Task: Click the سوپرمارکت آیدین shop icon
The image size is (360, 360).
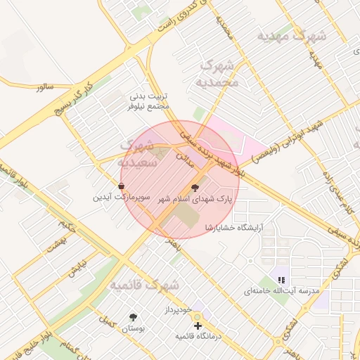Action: click(x=122, y=186)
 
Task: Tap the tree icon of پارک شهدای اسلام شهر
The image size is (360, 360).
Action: click(x=195, y=188)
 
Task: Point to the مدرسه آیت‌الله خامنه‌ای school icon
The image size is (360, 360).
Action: click(x=281, y=279)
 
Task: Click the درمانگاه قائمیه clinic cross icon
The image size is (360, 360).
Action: click(x=198, y=326)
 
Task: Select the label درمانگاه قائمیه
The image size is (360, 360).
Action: click(x=198, y=337)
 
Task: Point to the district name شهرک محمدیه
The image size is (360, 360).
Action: click(x=220, y=74)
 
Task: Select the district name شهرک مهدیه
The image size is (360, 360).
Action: click(x=290, y=35)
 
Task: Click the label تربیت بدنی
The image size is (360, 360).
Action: click(x=148, y=96)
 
